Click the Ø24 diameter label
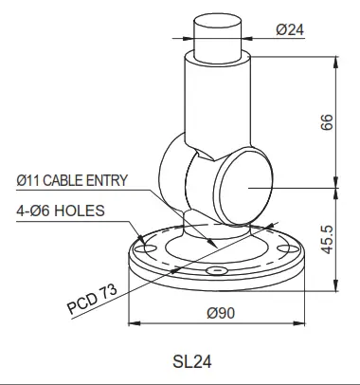pos(289,28)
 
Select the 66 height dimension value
pos(328,122)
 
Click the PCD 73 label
pos(92,301)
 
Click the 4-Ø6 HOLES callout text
pos(61,210)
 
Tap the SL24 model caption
pos(192,360)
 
